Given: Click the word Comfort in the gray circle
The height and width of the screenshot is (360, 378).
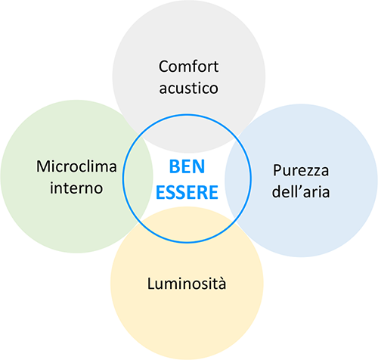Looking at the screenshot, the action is click(188, 67).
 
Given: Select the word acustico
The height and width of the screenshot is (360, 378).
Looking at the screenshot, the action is click(188, 88).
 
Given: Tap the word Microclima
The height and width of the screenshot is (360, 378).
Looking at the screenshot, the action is click(76, 166).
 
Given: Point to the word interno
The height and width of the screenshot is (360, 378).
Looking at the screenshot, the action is click(76, 188).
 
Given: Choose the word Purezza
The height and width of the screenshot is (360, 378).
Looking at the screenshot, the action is click(301, 170).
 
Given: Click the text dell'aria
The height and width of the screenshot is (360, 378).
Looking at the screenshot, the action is click(301, 191).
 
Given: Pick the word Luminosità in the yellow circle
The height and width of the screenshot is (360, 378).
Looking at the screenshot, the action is click(187, 284).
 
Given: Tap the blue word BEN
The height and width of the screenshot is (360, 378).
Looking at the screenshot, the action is click(187, 166).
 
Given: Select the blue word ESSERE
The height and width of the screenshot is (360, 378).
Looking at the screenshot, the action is click(187, 192).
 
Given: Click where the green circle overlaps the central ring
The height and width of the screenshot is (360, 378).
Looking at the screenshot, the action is click(138, 178).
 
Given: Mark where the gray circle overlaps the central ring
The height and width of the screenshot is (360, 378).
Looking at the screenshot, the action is click(187, 134).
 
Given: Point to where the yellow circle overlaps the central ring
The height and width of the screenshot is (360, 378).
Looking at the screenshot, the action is click(187, 225).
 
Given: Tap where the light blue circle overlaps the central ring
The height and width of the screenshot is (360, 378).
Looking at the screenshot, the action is click(237, 178).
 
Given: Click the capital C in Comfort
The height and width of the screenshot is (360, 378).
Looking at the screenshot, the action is click(163, 67).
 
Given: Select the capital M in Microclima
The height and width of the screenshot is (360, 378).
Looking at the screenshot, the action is click(43, 166).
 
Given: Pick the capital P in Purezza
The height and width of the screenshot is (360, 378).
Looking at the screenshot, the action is click(277, 171).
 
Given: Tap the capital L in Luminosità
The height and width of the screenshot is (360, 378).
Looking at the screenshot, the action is click(151, 284).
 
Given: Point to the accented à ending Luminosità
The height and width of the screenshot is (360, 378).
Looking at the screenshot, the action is click(222, 284).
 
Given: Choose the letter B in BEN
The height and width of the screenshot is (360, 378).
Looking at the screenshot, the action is click(174, 166).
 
